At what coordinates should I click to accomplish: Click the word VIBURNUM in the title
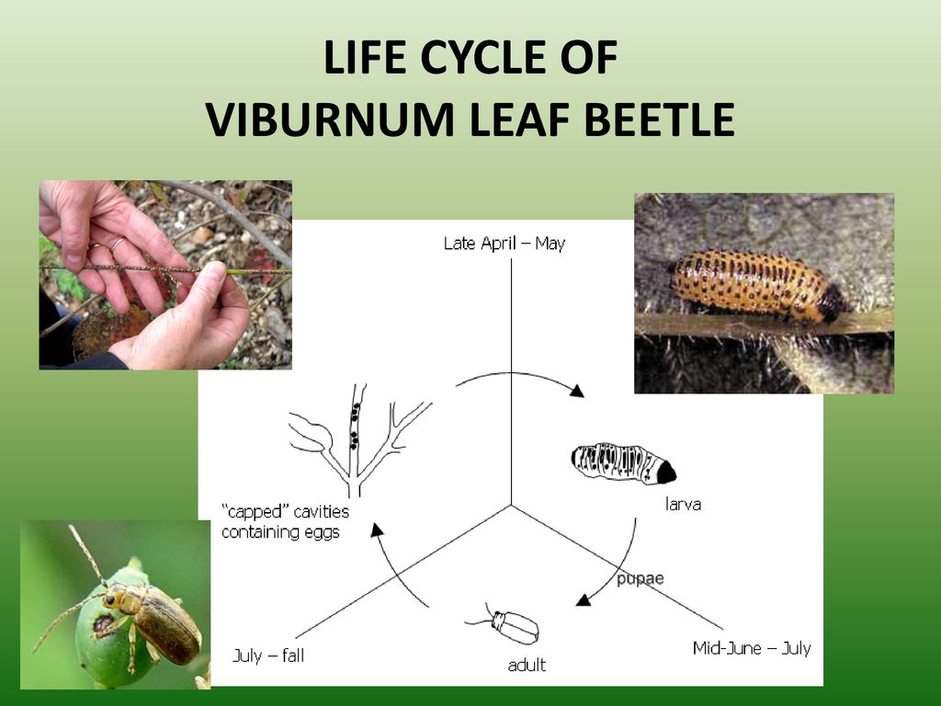pos(331,120)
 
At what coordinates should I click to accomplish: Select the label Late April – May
pos(505,244)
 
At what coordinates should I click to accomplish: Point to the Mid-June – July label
pos(752,648)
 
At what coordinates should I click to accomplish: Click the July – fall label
pos(268,655)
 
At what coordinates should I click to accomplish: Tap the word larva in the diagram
pos(683,505)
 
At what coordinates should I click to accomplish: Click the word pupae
pos(641,579)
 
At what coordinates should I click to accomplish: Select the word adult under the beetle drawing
pos(527,666)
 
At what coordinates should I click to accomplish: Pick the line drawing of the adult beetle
pos(505,625)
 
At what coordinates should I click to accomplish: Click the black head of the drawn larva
pos(665,473)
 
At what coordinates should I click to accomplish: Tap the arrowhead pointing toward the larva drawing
pos(577,391)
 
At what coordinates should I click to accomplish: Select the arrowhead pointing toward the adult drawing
pos(583,599)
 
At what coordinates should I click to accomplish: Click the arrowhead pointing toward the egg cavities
pos(377,529)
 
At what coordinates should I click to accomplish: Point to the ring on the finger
pos(117,243)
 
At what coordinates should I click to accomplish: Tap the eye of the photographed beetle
pos(110,599)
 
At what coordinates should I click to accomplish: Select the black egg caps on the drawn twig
pos(355,426)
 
